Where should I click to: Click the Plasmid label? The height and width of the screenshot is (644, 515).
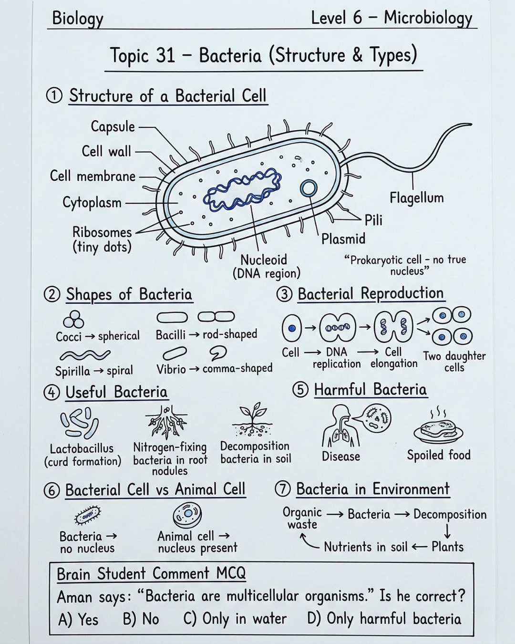tap(343, 239)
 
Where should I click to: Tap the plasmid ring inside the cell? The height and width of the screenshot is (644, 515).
tap(309, 188)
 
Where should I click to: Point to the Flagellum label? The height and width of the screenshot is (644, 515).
tap(417, 198)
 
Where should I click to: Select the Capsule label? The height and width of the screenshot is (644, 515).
tap(113, 126)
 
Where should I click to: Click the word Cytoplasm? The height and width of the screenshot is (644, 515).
tap(92, 203)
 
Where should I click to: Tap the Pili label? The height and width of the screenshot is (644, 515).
tap(373, 220)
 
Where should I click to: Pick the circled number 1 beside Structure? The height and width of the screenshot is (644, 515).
tap(54, 96)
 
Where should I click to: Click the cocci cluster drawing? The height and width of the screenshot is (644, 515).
tap(73, 319)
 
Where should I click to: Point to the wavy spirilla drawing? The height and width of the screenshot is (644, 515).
tap(85, 355)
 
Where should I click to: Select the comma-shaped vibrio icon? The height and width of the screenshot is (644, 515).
tap(218, 353)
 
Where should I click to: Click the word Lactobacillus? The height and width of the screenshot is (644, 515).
tap(82, 448)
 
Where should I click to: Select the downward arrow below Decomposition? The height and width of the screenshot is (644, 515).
tap(447, 531)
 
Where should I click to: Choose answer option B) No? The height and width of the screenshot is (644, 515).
tap(141, 619)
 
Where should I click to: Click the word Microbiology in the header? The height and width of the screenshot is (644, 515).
tap(428, 18)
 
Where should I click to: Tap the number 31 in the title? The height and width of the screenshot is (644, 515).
tap(165, 55)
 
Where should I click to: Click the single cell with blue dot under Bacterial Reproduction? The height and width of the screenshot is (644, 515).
tap(292, 328)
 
